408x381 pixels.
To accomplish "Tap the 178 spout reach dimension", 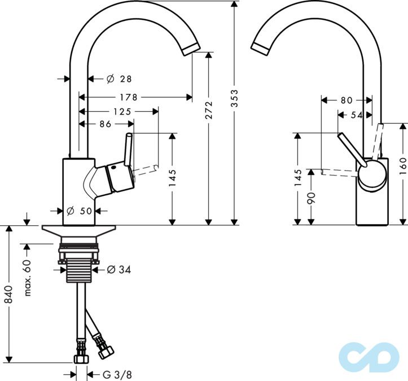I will point(131,97).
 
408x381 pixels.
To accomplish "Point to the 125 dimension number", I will point(122,111).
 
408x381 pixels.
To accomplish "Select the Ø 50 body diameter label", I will point(78,211).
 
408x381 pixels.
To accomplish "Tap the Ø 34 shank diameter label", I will point(119,270).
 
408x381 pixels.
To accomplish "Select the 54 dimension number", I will point(356,115).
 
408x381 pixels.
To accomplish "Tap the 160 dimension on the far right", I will point(402,168).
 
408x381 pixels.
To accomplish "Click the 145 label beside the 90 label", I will point(298,177).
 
